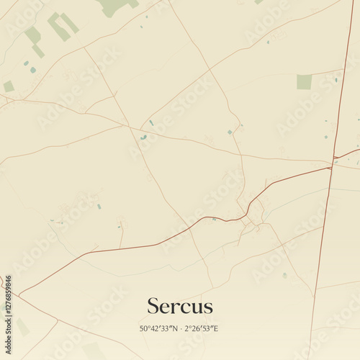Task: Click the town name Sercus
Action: point(180,306)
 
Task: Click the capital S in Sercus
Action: point(153,306)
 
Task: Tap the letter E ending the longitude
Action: point(216,328)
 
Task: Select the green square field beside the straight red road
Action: point(305,82)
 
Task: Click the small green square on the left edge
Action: point(9,86)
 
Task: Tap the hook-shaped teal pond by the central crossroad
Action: point(143,137)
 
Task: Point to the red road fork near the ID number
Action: point(19,294)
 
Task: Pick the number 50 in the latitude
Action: point(143,328)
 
